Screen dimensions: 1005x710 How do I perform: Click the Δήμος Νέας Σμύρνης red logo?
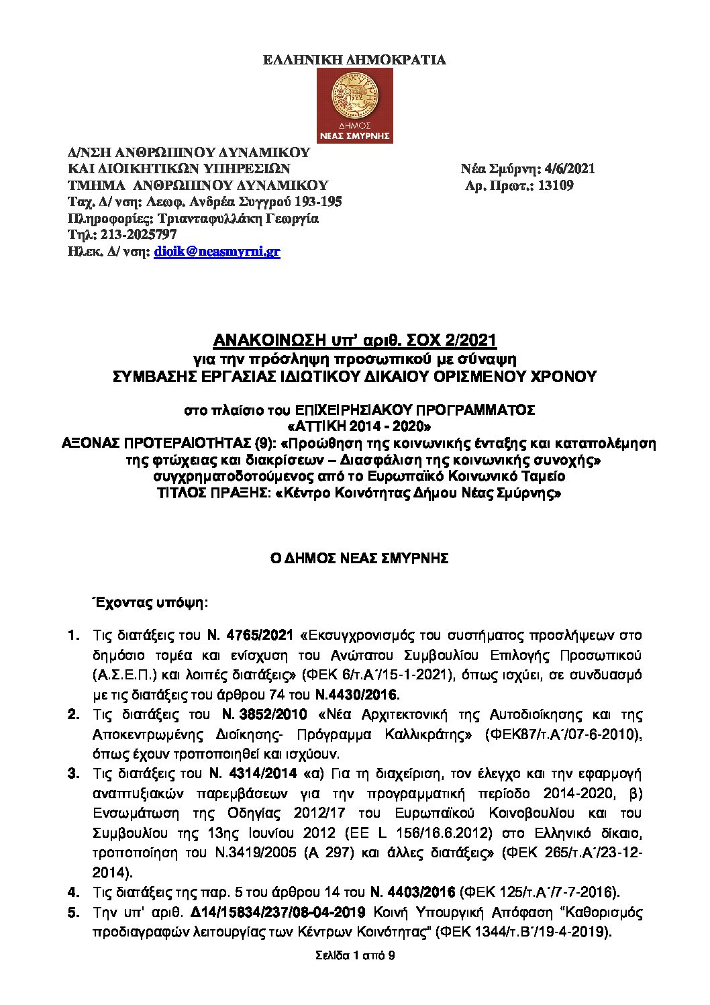click(355, 105)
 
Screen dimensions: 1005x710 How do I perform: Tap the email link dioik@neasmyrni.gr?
click(217, 252)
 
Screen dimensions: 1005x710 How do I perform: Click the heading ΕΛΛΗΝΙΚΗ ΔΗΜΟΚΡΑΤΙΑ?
click(354, 60)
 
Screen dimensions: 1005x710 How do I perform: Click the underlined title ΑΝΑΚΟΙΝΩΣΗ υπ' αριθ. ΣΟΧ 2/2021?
click(355, 341)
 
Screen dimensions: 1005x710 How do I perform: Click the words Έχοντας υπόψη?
click(150, 602)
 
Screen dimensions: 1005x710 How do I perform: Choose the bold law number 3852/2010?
click(272, 714)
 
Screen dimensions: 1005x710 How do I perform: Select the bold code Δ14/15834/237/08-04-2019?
click(278, 912)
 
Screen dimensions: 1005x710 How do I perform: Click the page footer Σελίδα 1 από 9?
click(355, 955)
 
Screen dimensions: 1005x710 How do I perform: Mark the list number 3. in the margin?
click(73, 773)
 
